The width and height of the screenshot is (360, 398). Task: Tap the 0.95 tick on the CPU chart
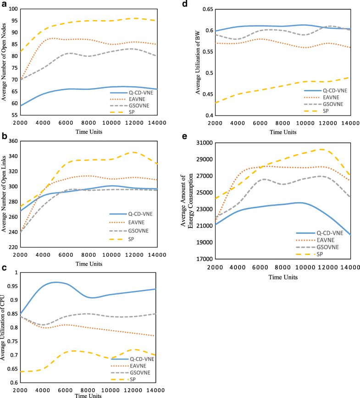tap(21, 286)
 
